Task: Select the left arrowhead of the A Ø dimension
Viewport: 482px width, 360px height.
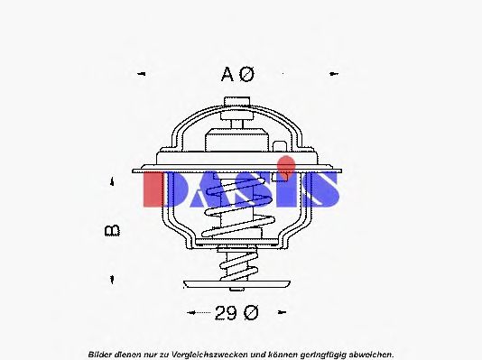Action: [x=141, y=73]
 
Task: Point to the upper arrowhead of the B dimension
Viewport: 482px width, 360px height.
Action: [x=112, y=183]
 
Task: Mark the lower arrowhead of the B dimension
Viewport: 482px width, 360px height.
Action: [x=112, y=276]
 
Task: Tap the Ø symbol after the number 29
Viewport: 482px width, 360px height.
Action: [x=250, y=313]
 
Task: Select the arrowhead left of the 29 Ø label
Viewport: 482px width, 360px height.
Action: [x=190, y=313]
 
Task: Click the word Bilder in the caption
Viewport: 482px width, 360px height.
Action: [x=101, y=353]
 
